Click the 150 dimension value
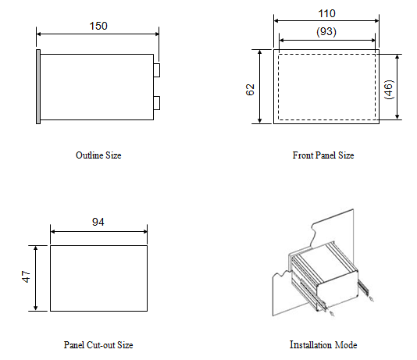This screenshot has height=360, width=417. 98,26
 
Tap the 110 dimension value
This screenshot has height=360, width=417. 327,13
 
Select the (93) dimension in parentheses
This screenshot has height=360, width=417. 326,32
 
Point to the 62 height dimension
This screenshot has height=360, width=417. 250,90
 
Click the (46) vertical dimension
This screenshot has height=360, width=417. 389,89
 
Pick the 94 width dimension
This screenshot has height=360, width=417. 98,222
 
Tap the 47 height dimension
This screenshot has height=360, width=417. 26,276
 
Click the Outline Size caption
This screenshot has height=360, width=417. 98,155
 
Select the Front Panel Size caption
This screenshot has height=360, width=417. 323,155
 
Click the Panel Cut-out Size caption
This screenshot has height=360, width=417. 98,345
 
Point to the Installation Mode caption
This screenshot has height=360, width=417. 323,344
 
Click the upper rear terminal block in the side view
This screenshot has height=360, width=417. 157,70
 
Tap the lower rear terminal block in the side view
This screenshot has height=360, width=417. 157,103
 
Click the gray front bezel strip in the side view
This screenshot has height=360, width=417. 38,87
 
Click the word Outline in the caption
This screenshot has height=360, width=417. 90,155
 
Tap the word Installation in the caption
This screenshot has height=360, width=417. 311,344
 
